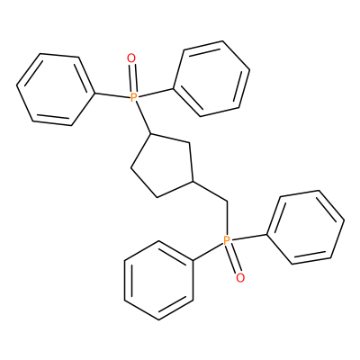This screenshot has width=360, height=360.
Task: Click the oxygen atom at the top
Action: point(131,58)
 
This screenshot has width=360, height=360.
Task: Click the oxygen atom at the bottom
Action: point(240,278)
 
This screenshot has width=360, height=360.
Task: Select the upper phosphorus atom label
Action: point(134,97)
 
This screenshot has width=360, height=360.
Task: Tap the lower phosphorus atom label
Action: point(227,240)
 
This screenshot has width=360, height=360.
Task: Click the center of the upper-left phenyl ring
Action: point(56,90)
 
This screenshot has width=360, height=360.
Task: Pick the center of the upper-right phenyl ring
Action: point(211,78)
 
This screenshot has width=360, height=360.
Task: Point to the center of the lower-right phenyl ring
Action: point(306,228)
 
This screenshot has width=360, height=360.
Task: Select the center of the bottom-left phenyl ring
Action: point(158,280)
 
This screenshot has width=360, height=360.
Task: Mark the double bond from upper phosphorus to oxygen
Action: point(132,77)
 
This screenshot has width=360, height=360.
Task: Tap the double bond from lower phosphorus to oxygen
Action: point(234,259)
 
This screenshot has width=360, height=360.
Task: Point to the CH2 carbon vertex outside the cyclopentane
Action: point(227,202)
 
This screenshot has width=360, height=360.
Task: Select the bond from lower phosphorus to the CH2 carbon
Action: point(227,219)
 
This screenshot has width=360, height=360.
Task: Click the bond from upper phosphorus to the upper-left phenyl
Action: point(112,95)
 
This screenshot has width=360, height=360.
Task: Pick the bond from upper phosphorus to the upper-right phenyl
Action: point(156,93)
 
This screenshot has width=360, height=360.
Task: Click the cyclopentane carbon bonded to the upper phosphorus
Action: point(151,134)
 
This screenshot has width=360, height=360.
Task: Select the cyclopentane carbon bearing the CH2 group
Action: point(194,182)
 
